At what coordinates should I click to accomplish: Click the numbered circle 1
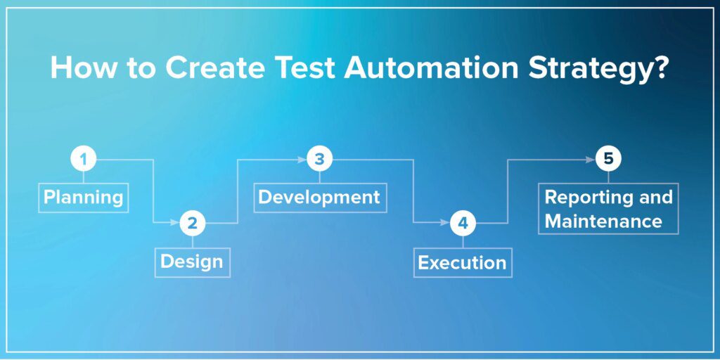[x=83, y=160]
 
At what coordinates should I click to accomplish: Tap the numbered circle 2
[x=192, y=224]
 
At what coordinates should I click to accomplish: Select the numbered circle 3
[x=319, y=160]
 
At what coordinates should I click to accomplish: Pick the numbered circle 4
[x=462, y=224]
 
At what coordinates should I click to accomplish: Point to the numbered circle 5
[x=608, y=160]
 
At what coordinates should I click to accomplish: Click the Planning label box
[x=83, y=197]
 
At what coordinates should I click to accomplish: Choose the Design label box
[x=192, y=262]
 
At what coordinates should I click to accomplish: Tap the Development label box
[x=319, y=197]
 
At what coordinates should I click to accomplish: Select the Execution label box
[x=462, y=262]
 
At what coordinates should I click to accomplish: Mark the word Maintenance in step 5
[x=603, y=221]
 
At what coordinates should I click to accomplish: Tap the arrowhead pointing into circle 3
[x=302, y=160]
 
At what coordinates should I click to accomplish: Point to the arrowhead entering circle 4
[x=444, y=224]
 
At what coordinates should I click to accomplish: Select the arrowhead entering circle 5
[x=591, y=160]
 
